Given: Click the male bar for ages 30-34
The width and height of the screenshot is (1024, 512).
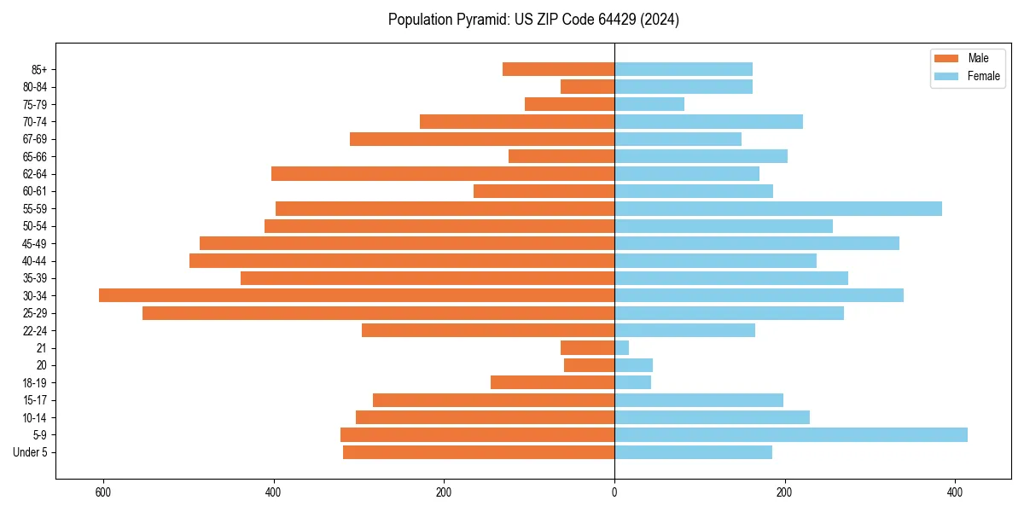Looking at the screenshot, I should pyautogui.click(x=357, y=295).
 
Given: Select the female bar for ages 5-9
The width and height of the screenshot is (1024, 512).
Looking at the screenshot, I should pyautogui.click(x=791, y=434).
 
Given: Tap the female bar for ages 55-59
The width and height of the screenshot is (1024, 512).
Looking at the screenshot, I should pyautogui.click(x=778, y=208).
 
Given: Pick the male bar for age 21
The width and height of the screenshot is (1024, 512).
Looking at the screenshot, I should pyautogui.click(x=588, y=347).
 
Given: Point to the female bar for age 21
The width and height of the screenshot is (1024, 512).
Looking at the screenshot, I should pyautogui.click(x=622, y=347).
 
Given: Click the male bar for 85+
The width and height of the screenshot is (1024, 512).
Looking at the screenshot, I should pyautogui.click(x=559, y=69).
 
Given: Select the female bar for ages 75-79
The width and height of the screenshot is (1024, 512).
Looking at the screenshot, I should pyautogui.click(x=649, y=104).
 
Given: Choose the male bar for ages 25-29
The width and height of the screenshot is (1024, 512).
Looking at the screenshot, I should pyautogui.click(x=379, y=313).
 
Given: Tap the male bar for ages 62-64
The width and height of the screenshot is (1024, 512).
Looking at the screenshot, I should pyautogui.click(x=443, y=173).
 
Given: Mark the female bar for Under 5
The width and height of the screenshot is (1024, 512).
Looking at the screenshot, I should pyautogui.click(x=693, y=452).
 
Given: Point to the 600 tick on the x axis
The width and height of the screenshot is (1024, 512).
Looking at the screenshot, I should pyautogui.click(x=103, y=492).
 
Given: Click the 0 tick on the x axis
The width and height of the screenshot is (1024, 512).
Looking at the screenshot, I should pyautogui.click(x=614, y=492).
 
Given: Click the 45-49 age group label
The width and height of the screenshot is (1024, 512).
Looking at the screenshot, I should pyautogui.click(x=34, y=243).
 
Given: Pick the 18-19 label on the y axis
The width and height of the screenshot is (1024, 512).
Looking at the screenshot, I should pyautogui.click(x=34, y=382).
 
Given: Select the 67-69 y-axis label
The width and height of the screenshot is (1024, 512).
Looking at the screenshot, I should pyautogui.click(x=34, y=139).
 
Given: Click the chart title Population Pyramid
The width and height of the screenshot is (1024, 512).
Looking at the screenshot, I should pyautogui.click(x=533, y=20).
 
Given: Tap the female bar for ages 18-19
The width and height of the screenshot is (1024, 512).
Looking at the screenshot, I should pyautogui.click(x=632, y=382).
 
